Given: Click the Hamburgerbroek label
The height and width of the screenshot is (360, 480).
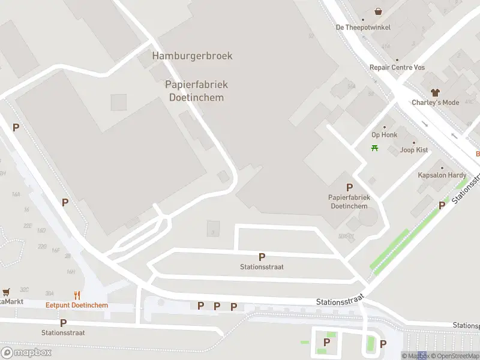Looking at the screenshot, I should coord(192,56).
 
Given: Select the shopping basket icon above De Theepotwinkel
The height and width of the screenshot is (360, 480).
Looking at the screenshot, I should coord(379,11).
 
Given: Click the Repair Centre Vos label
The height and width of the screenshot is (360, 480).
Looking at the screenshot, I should coord(397,67).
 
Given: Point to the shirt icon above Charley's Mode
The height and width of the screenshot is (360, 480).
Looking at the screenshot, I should coord(435,92).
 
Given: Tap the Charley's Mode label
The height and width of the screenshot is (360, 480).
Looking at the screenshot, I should coord(435,103).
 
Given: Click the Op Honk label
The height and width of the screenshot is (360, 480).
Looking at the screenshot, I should coord(384,135).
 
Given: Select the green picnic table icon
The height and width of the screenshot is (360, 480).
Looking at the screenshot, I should coord(375,148).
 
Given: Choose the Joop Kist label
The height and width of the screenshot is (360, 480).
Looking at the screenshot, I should coord(414,149).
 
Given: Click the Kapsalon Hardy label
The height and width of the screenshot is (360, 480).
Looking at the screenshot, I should coord(442,175).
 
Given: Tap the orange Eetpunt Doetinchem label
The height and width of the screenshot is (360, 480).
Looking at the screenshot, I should coord(77,305).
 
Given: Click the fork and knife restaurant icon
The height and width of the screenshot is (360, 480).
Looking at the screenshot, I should coord(77,295).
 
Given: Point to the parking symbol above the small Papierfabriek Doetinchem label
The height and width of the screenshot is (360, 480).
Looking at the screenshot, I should coord(349,187).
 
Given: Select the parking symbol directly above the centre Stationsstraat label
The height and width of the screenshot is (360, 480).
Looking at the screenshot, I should coord(262,257).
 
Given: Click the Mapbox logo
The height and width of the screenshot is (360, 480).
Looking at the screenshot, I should coord(26,353).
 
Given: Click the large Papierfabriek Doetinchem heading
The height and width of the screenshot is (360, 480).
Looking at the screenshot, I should coord(196,91).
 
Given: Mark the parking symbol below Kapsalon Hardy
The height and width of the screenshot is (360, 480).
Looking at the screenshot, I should coord(442,205).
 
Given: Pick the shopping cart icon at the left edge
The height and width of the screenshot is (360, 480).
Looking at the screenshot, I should coord(6,292).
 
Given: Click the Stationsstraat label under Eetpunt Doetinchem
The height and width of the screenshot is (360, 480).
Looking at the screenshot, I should coord(63,332).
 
